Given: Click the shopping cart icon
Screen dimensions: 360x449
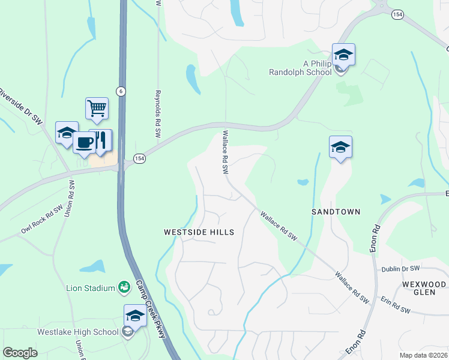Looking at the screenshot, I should point(97,109).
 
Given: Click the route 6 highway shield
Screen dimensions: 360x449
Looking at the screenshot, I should point(121,91).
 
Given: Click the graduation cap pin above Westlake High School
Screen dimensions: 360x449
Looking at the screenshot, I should point(136,316).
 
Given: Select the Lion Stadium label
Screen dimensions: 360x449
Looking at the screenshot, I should point(91,288).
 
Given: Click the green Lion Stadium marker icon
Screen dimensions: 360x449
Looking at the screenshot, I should point(124,288).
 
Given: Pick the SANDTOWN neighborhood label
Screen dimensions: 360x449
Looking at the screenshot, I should point(336,212).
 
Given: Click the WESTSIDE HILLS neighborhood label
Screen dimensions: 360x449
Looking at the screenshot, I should point(199,232).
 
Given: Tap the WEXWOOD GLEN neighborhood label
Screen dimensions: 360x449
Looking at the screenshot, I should point(424,288).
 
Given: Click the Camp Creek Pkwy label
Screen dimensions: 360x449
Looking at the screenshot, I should point(150,308).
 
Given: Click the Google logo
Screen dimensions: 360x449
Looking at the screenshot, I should point(20,352).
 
